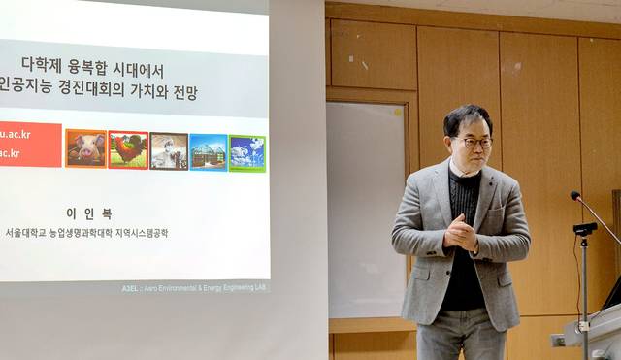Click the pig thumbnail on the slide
point(85,149)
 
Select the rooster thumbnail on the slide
point(128,150)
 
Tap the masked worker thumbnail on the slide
point(169,151)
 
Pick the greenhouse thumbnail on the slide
point(208,152)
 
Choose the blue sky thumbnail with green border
point(246,153)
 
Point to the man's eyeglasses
point(474,142)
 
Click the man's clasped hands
point(461,232)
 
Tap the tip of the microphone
point(574,195)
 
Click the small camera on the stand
point(584,230)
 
